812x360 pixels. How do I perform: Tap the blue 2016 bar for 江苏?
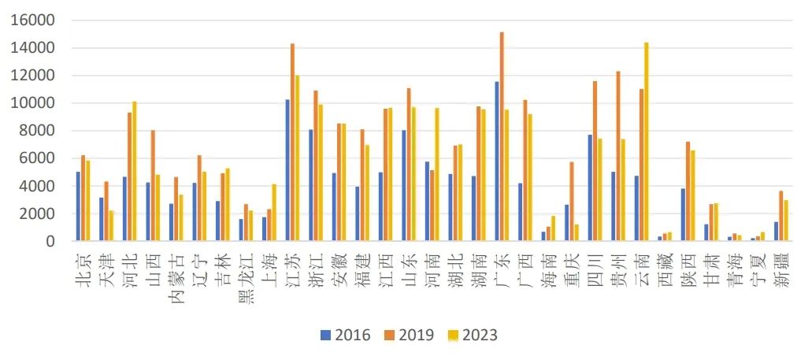(287, 170)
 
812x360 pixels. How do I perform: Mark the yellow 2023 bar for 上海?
(273, 213)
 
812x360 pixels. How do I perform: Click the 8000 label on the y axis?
(39, 131)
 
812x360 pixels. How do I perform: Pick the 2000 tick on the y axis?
(39, 213)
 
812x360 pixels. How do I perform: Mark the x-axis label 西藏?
(665, 266)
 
